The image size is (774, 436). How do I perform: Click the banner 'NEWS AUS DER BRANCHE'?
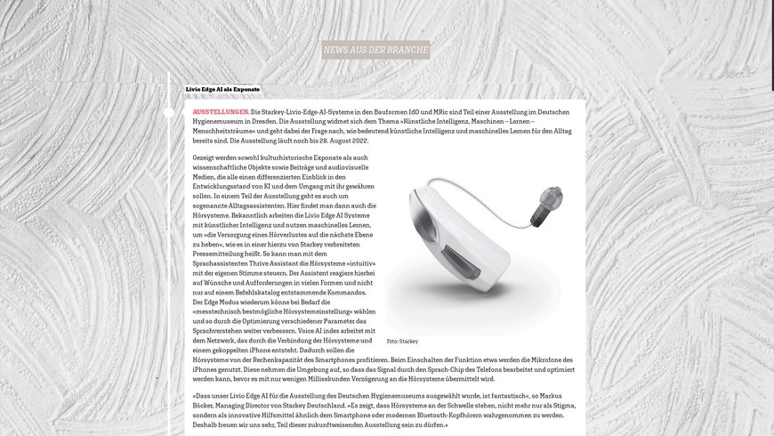(376, 50)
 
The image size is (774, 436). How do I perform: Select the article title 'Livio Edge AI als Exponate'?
(222, 90)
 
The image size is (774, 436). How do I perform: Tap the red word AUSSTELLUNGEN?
(221, 111)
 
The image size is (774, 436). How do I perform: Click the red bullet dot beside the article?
(169, 112)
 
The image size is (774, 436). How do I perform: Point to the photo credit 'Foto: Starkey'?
(402, 341)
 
